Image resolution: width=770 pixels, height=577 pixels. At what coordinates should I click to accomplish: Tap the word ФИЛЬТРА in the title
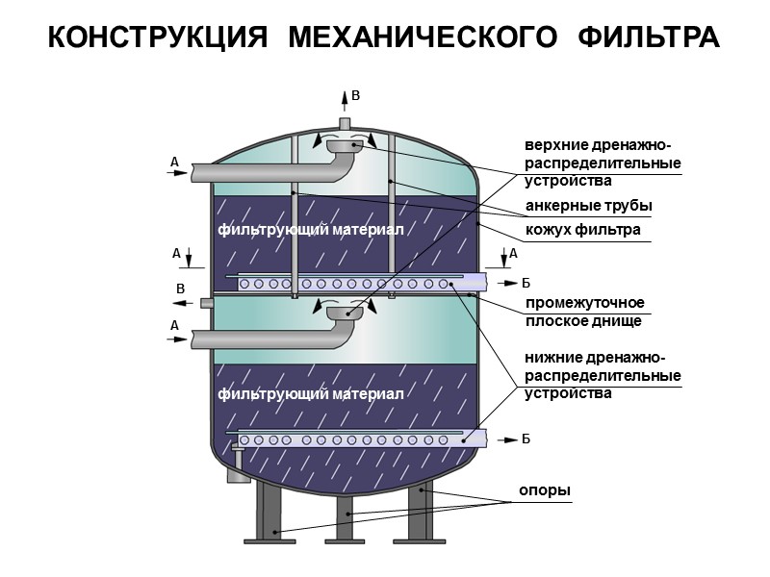[x=649, y=38]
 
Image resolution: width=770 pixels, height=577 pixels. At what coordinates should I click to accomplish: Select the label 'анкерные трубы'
[x=588, y=207]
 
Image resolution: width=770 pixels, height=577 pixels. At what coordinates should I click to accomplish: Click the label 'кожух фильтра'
[x=582, y=231]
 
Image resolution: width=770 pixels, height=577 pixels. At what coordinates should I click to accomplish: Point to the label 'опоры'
[x=545, y=490]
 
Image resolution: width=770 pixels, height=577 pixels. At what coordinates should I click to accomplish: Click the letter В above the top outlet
[x=355, y=96]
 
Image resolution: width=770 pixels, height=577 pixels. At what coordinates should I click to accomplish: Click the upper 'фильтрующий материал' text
[x=310, y=230]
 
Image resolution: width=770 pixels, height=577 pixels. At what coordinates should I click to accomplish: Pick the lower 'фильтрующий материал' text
[x=310, y=394]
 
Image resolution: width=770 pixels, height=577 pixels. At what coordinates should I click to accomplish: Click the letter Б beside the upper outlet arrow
[x=526, y=283]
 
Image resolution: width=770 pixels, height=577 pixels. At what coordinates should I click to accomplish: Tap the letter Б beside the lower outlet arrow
[x=526, y=439]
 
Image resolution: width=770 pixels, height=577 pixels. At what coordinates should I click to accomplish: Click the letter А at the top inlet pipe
[x=174, y=163]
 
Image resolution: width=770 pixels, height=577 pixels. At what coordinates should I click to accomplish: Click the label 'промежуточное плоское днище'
[x=584, y=312]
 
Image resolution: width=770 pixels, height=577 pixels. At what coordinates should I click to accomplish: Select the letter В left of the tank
[x=179, y=288]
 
